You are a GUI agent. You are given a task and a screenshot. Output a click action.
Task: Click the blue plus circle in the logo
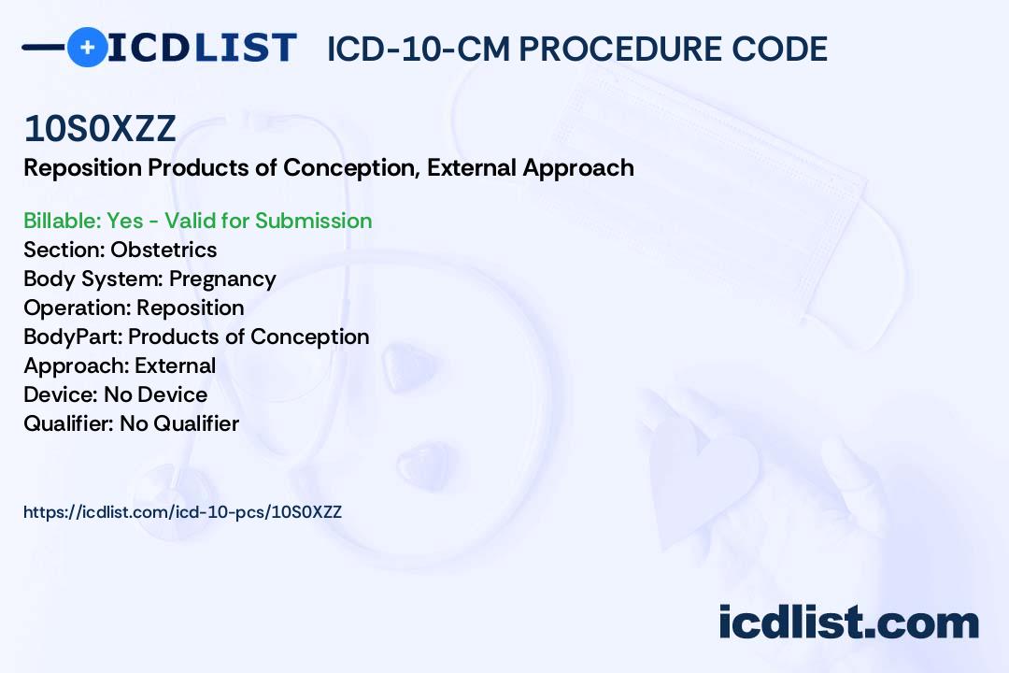click(87, 47)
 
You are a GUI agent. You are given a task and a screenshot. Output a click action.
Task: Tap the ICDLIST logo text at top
click(202, 48)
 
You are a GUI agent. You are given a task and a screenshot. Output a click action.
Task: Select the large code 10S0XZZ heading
click(100, 128)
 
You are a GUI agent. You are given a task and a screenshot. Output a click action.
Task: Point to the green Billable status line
click(197, 221)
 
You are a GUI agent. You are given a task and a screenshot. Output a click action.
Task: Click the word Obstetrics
click(163, 250)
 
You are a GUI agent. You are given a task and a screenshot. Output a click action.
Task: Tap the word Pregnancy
click(222, 279)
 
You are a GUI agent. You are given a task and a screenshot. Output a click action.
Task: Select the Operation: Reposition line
click(134, 308)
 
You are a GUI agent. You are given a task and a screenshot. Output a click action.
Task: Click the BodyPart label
click(73, 336)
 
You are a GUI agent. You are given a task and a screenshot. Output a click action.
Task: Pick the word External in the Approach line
click(175, 365)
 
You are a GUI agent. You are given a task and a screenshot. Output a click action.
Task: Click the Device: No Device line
click(115, 394)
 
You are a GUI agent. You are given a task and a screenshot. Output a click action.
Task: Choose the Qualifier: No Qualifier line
click(132, 423)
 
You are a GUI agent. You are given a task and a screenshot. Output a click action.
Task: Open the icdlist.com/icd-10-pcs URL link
click(183, 512)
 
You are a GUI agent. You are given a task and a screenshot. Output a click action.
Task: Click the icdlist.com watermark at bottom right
click(848, 622)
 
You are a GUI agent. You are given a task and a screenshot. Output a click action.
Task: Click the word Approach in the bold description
click(578, 168)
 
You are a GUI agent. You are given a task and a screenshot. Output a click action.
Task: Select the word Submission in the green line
click(313, 221)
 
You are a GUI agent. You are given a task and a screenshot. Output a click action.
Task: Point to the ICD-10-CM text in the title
click(419, 49)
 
